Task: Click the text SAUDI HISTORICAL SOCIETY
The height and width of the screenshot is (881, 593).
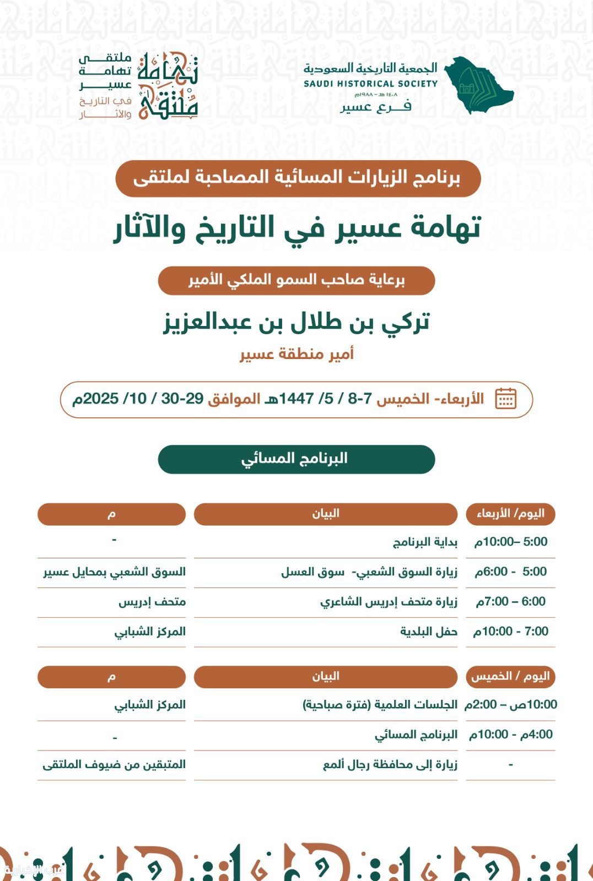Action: pos(370,84)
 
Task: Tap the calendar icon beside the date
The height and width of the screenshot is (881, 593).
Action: pos(505,399)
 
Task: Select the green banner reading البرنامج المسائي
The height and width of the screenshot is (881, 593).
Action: pos(296,459)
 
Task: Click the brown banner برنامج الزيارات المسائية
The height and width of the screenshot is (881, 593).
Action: pos(298,178)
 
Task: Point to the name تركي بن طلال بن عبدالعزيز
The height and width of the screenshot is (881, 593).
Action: pos(296,322)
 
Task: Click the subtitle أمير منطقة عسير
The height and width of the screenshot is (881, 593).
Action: pos(296,354)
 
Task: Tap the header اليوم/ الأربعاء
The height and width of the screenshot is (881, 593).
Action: pos(510,514)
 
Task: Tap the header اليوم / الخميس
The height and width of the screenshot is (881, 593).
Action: pos(510,677)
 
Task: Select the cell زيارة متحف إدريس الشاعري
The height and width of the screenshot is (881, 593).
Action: pos(389,602)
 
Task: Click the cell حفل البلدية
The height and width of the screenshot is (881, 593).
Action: pos(429,632)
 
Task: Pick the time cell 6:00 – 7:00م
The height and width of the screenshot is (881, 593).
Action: pos(510,601)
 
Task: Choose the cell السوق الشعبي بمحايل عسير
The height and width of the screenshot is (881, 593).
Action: pos(115,572)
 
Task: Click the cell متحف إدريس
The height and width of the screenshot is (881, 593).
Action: pos(152,602)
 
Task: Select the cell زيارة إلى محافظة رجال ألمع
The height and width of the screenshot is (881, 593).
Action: pos(390,765)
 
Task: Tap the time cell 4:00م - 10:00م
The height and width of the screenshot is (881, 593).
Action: pos(510,735)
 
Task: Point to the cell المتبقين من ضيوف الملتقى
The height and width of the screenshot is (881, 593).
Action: pos(114,765)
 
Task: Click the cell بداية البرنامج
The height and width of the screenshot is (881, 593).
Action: pos(425,542)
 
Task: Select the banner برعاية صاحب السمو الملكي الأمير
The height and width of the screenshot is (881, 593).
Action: pos(296,280)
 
